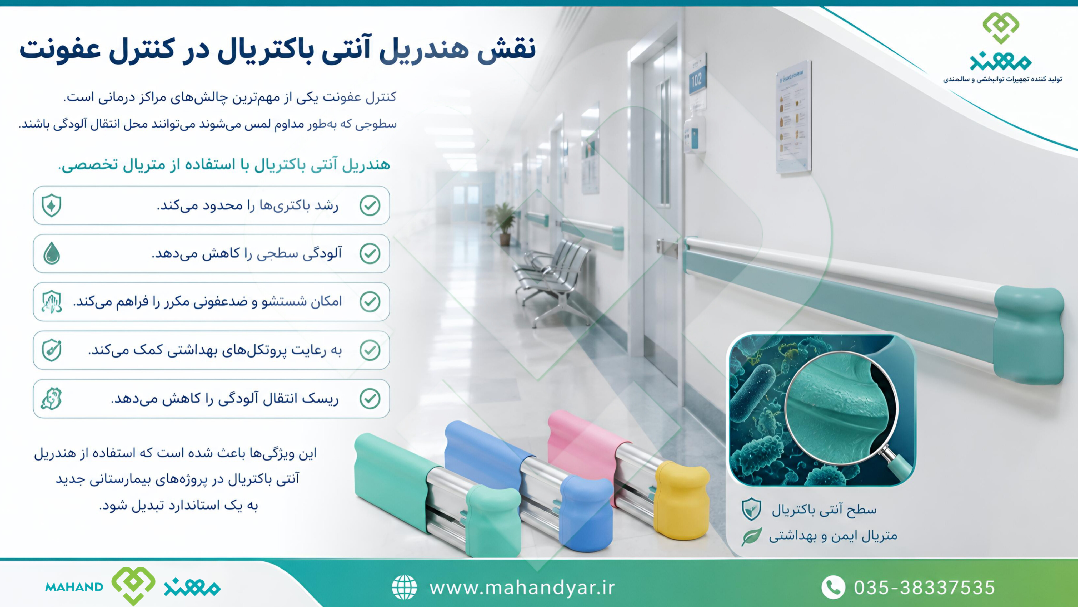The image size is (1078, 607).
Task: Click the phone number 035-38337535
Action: [x=924, y=588]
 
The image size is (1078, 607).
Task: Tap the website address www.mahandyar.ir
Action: [x=522, y=588]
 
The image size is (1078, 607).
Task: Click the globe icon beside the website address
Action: [x=404, y=587]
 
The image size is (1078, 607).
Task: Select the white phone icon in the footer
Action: [x=833, y=587]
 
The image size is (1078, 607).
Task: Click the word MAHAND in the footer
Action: [x=74, y=587]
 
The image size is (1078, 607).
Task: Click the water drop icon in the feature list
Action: [x=52, y=253]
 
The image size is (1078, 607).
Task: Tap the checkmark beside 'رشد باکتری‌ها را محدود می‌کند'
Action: [x=370, y=205]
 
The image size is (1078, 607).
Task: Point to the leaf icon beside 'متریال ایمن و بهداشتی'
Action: [x=752, y=536]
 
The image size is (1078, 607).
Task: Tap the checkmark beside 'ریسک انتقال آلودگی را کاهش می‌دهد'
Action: [x=370, y=398]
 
